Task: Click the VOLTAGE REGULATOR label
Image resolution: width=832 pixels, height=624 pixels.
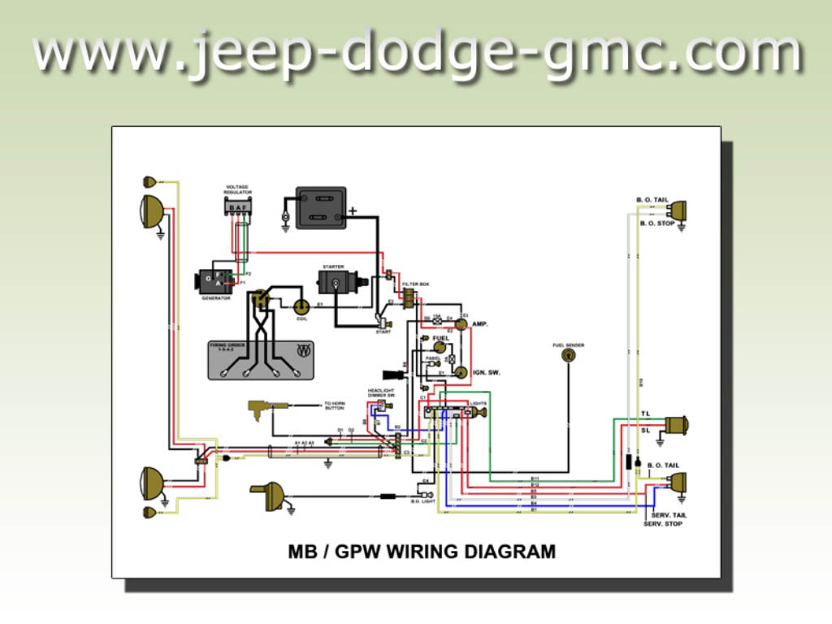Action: tap(239, 190)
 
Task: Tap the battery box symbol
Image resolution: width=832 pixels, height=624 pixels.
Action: tap(320, 208)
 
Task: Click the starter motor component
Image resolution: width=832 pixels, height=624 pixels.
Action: tap(336, 284)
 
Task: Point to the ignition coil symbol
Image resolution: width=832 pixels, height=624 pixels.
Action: tap(301, 306)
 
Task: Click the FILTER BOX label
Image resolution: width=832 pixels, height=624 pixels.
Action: tap(415, 284)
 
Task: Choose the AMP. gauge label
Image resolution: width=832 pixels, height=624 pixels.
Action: tap(480, 323)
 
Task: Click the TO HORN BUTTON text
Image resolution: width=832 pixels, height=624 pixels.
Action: tap(335, 405)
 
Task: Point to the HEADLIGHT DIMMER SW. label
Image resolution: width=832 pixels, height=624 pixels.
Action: tap(381, 392)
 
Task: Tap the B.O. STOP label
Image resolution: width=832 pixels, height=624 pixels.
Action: tap(657, 223)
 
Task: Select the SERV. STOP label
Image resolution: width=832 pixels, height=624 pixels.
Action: tap(663, 524)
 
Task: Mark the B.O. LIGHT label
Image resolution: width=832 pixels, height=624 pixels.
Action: tap(423, 502)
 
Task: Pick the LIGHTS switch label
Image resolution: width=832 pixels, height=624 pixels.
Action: tap(479, 403)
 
